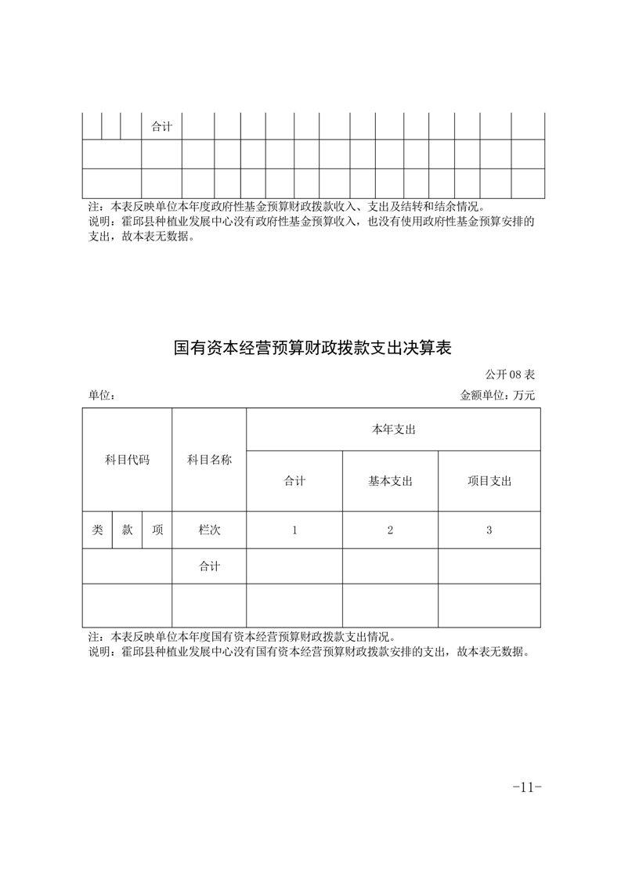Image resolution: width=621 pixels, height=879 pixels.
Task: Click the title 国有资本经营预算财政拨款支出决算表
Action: click(312, 348)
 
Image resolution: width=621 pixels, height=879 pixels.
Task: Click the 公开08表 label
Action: click(510, 375)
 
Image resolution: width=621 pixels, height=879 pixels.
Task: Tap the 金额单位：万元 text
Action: click(497, 396)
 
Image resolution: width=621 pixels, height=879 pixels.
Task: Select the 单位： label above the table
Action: click(102, 396)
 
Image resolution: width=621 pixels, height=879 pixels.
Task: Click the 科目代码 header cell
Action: click(127, 460)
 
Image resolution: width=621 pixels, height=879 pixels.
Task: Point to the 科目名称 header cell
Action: click(209, 460)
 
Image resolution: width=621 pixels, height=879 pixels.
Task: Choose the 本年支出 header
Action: click(393, 429)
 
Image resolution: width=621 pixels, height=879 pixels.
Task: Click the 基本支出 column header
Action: click(390, 481)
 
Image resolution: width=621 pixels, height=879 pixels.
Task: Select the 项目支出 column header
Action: click(489, 481)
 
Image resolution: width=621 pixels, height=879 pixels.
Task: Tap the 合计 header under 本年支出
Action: click(294, 481)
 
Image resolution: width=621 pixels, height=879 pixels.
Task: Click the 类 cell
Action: click(97, 530)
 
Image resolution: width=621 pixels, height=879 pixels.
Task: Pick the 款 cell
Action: click(127, 530)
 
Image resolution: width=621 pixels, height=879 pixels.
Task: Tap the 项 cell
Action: click(157, 530)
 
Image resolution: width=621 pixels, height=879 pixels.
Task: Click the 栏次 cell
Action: click(209, 530)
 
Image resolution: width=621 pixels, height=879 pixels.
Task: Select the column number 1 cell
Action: click(294, 530)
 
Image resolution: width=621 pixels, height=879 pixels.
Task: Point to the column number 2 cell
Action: click(390, 530)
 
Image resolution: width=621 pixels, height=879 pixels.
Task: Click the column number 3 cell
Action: click(489, 530)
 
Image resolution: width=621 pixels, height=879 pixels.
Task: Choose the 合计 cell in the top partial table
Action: click(161, 126)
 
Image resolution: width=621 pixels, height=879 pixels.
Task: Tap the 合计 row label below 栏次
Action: click(209, 566)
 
